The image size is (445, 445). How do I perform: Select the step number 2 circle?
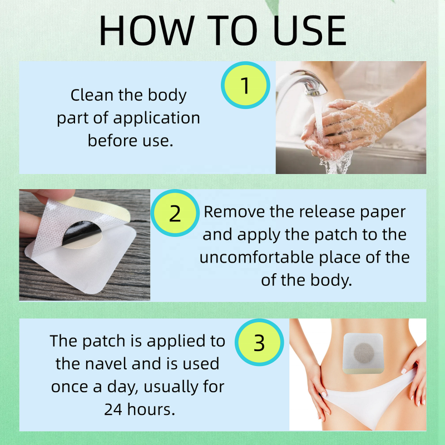point(175,214)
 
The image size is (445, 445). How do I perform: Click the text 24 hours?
point(139,409)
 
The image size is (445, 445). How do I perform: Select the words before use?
point(131,140)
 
